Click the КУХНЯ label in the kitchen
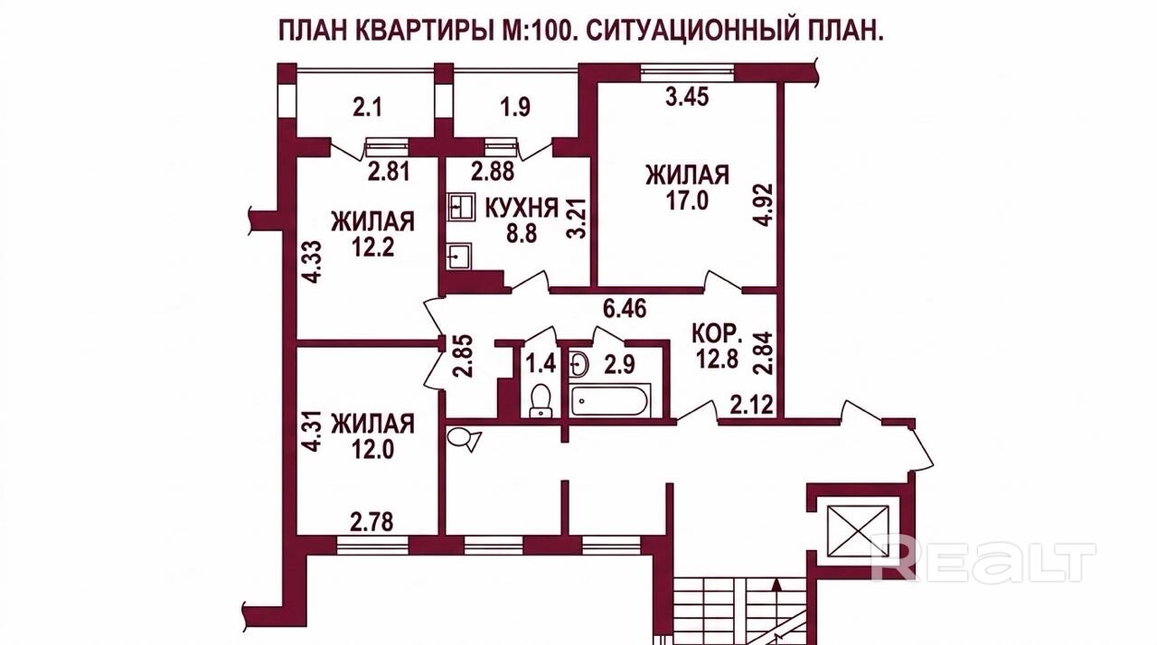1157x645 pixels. [522, 209]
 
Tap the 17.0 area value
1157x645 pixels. [687, 201]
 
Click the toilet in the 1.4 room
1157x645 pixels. [541, 399]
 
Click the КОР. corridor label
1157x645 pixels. [718, 335]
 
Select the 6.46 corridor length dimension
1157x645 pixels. [625, 309]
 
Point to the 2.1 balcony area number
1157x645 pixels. [367, 108]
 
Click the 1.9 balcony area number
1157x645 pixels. [515, 108]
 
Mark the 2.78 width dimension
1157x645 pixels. [372, 522]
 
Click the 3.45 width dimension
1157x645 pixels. [687, 97]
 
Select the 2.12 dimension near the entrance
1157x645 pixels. [751, 404]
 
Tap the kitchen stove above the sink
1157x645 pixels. [461, 208]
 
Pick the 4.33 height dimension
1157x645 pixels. [313, 262]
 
